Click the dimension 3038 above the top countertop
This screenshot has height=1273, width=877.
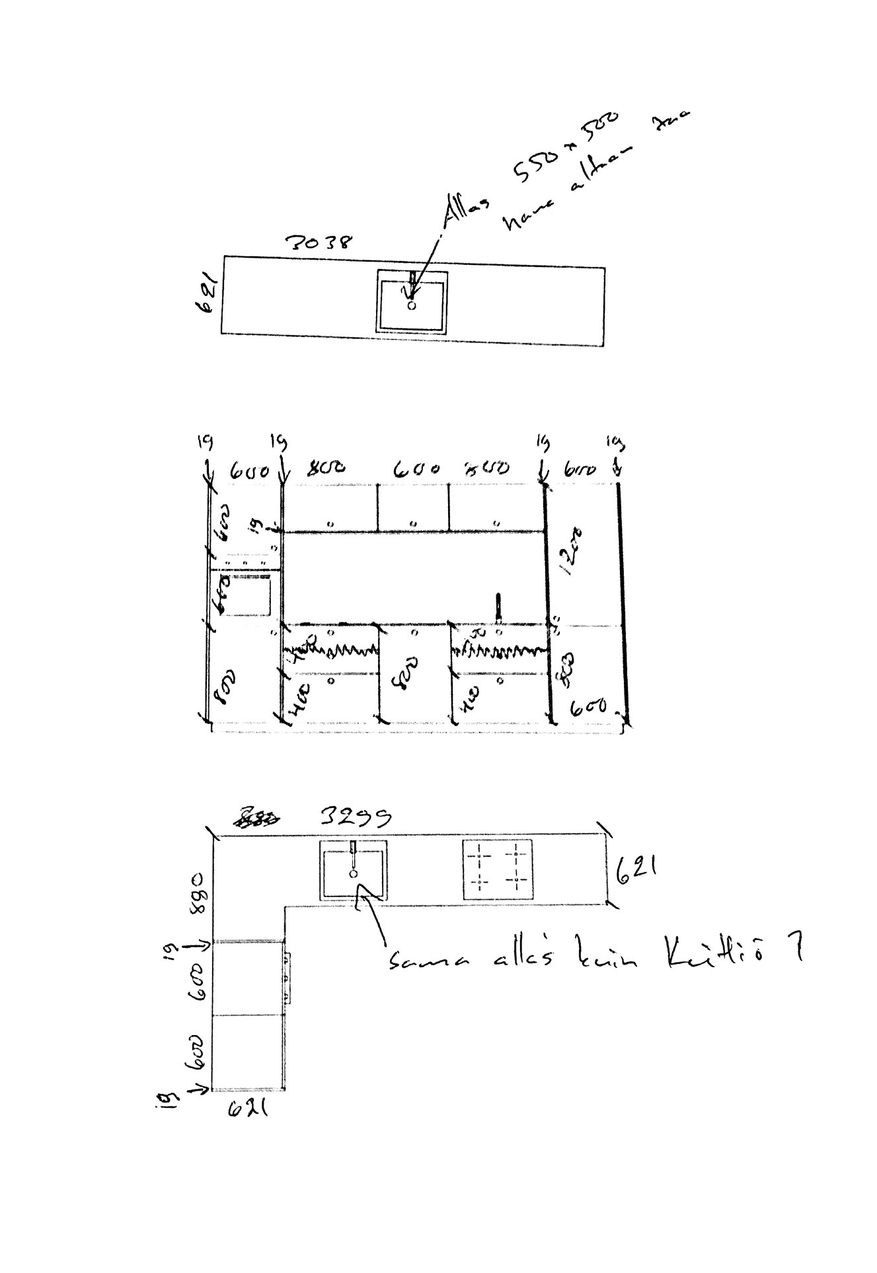319,242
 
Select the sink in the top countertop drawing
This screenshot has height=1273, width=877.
412,301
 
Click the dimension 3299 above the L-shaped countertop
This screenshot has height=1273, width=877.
355,817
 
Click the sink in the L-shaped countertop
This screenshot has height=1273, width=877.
354,870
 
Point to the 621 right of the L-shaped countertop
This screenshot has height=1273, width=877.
636,871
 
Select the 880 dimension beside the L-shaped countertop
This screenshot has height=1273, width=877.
198,892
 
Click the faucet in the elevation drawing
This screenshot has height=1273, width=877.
499,607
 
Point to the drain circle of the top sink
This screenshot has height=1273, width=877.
412,306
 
